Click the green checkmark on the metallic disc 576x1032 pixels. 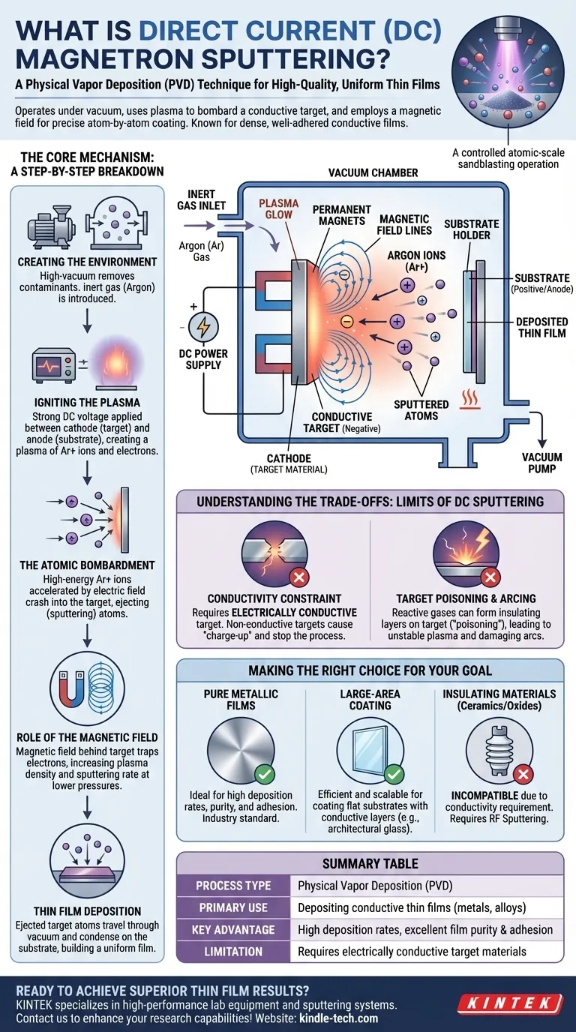point(264,773)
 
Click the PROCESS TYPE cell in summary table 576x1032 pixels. point(233,886)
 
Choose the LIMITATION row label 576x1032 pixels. point(233,952)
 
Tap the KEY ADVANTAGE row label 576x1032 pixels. point(233,930)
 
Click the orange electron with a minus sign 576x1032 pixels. point(346,321)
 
